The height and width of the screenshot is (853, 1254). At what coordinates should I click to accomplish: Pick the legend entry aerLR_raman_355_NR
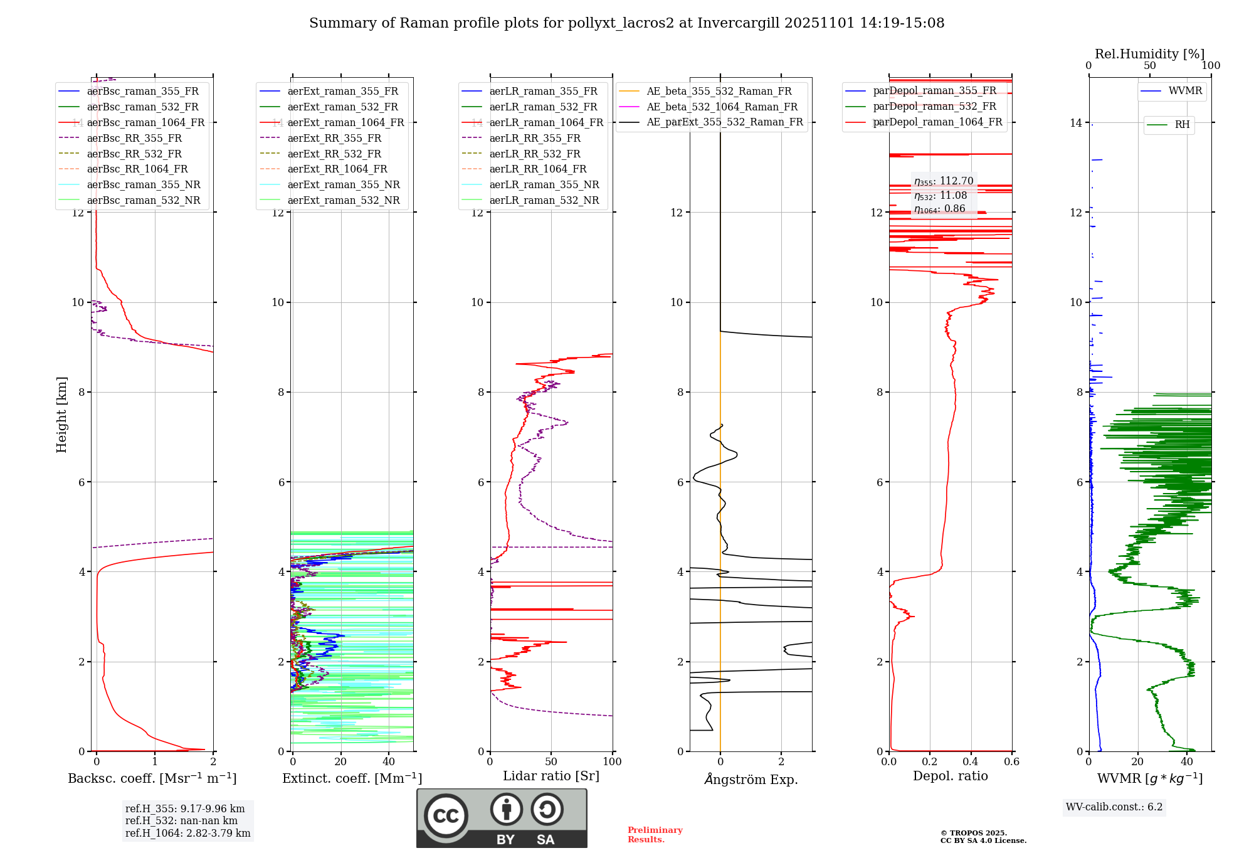pos(544,184)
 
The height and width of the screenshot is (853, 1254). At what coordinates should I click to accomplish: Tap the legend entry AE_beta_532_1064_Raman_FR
pos(722,107)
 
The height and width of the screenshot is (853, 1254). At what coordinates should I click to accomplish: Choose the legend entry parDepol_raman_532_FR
pos(934,107)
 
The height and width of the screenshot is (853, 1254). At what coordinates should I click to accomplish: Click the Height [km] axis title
pos(61,414)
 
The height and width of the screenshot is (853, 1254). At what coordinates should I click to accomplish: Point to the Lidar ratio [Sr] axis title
pos(551,776)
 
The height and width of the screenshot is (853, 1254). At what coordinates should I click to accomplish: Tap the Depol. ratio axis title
pos(950,776)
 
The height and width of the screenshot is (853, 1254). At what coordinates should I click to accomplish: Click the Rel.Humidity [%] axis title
pos(1149,54)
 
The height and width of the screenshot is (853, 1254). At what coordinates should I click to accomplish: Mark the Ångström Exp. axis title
pos(751,779)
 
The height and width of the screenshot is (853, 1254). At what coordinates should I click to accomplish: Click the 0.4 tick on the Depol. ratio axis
pos(971,761)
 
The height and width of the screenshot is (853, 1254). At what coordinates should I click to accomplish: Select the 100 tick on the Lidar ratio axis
pos(612,761)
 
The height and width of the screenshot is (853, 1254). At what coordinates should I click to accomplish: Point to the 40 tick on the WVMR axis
pos(1186,761)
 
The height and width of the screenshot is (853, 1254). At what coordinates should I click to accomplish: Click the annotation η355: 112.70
pos(944,181)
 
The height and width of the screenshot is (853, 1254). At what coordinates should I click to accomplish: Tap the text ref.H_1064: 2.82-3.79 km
pos(187,833)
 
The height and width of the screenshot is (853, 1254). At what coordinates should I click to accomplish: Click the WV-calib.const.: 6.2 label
pos(1114,807)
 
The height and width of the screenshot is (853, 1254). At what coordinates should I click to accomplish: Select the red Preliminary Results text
pos(655,834)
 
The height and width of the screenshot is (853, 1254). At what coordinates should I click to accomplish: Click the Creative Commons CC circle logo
pos(446,816)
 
